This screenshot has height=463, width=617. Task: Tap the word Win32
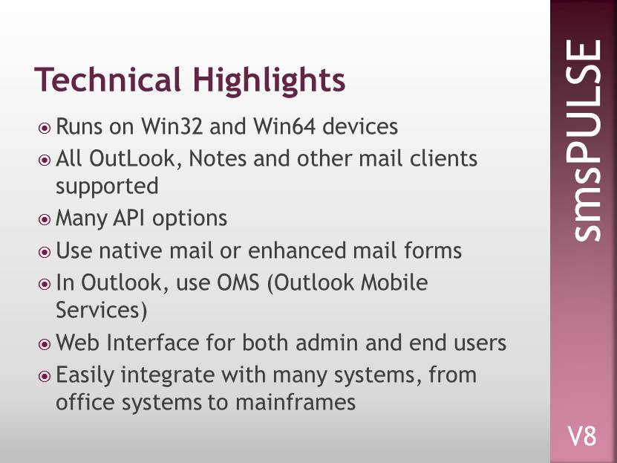172,126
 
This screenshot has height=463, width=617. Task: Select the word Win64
284,126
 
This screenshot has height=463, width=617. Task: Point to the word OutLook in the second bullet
135,158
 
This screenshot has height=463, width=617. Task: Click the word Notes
218,158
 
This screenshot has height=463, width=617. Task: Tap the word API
128,218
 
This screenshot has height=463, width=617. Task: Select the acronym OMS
238,282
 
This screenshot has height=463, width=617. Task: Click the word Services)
102,310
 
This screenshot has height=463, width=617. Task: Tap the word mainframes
296,402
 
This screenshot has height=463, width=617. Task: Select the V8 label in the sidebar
581,436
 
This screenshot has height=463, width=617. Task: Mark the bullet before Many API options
45,220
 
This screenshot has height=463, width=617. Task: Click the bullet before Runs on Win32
45,129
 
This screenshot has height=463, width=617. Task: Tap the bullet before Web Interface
45,344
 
